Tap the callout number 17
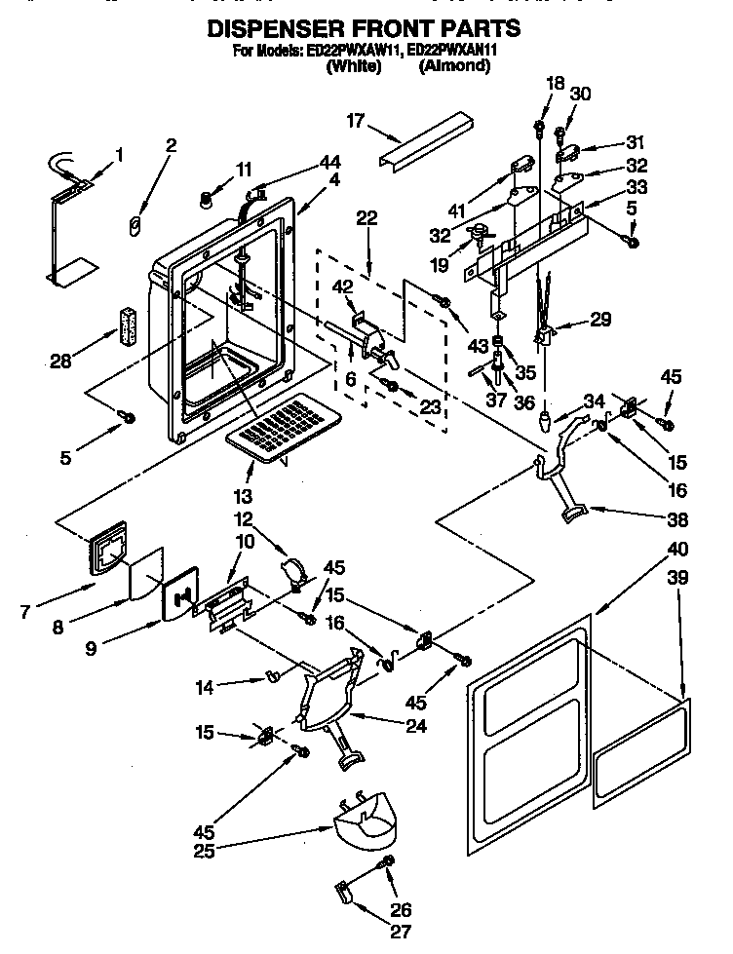point(355,121)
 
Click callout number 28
point(61,362)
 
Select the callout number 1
point(119,153)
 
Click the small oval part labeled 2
point(136,226)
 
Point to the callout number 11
point(244,170)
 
